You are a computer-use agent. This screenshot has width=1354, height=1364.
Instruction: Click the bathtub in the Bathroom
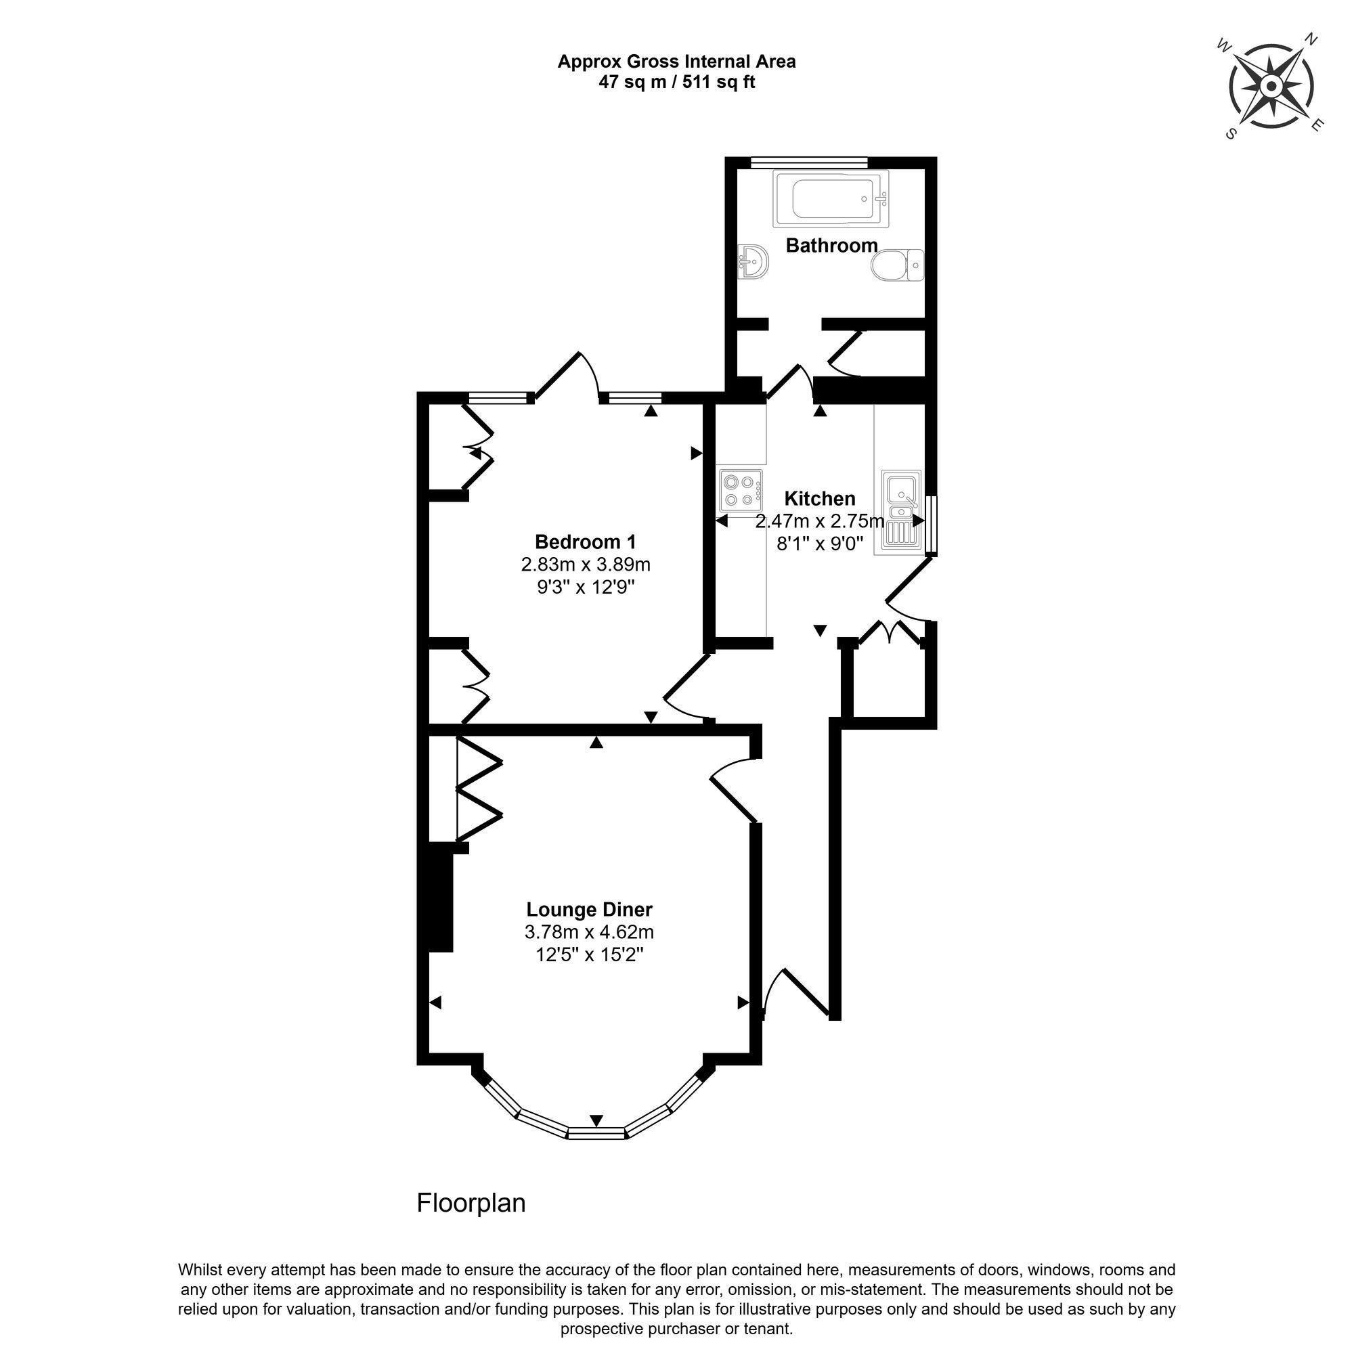point(830,199)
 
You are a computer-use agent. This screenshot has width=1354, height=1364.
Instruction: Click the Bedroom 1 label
point(585,542)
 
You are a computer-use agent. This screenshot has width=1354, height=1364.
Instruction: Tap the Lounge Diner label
point(590,909)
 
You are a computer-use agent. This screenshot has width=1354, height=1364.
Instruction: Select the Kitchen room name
point(820,498)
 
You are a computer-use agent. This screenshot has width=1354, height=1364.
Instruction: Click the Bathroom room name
point(831,245)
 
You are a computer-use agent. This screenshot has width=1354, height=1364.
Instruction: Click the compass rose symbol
point(1271,87)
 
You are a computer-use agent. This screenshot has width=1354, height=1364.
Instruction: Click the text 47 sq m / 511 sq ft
point(676,82)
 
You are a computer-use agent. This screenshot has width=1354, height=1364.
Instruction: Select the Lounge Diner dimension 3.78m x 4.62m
point(589,932)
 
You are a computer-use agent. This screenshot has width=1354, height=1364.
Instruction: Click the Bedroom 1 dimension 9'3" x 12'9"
point(586,587)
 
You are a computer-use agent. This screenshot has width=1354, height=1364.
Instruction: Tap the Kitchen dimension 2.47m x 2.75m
point(820,521)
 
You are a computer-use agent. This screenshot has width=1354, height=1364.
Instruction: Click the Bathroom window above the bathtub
point(809,162)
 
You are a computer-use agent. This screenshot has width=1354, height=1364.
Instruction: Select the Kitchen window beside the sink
point(931,525)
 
